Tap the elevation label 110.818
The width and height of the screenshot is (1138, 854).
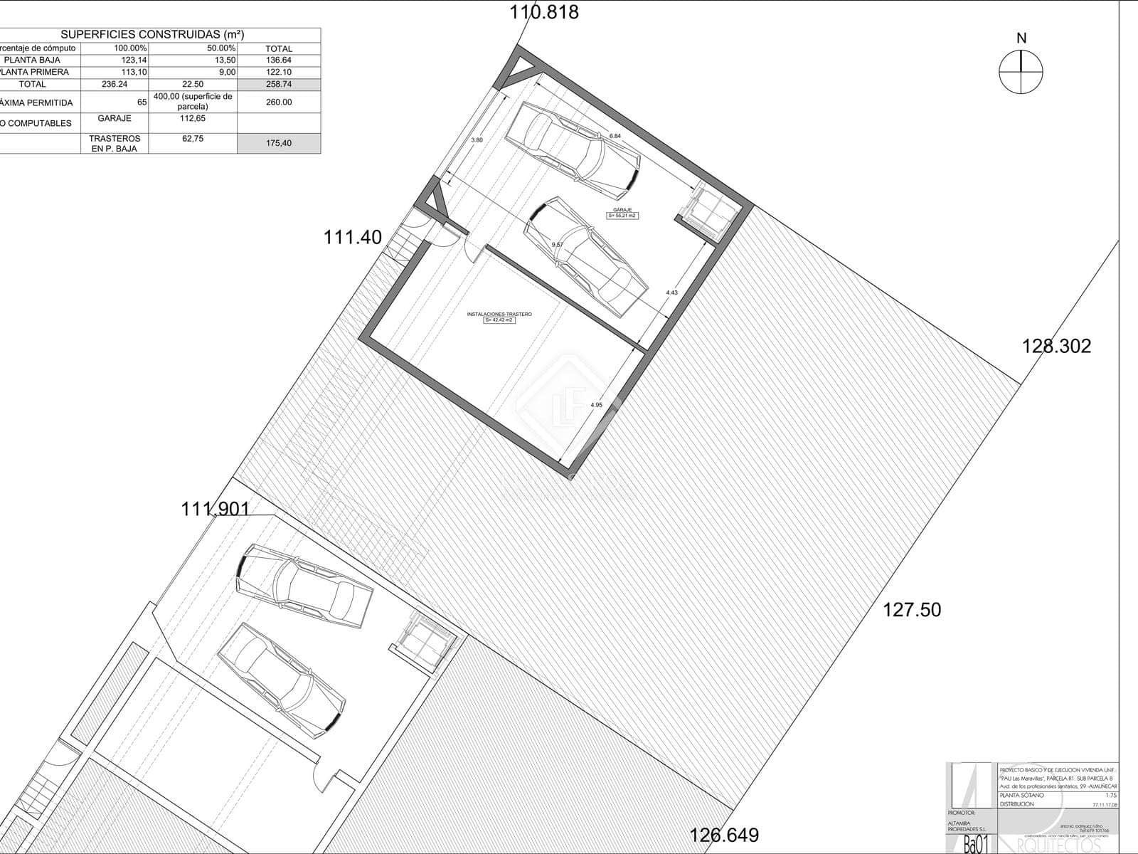coord(545,12)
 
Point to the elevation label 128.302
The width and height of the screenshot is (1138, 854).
coord(1056,346)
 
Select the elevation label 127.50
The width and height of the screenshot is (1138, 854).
coord(912,609)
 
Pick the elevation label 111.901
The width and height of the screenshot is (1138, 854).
coord(216,509)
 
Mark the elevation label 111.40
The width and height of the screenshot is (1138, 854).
coord(353,237)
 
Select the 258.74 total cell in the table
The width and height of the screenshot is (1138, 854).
coord(279,84)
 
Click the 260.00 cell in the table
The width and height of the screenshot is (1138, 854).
coord(279,102)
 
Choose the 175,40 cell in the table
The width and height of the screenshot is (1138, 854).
coord(279,143)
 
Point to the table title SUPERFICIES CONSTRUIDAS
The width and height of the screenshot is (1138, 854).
coord(152,34)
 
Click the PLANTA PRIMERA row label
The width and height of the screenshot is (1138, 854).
coord(36,72)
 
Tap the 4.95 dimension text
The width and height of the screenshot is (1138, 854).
coord(596,405)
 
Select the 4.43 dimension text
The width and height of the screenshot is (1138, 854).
coord(671,292)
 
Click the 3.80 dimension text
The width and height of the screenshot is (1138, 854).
coord(477,140)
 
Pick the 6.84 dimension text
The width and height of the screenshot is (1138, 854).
coord(615,136)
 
